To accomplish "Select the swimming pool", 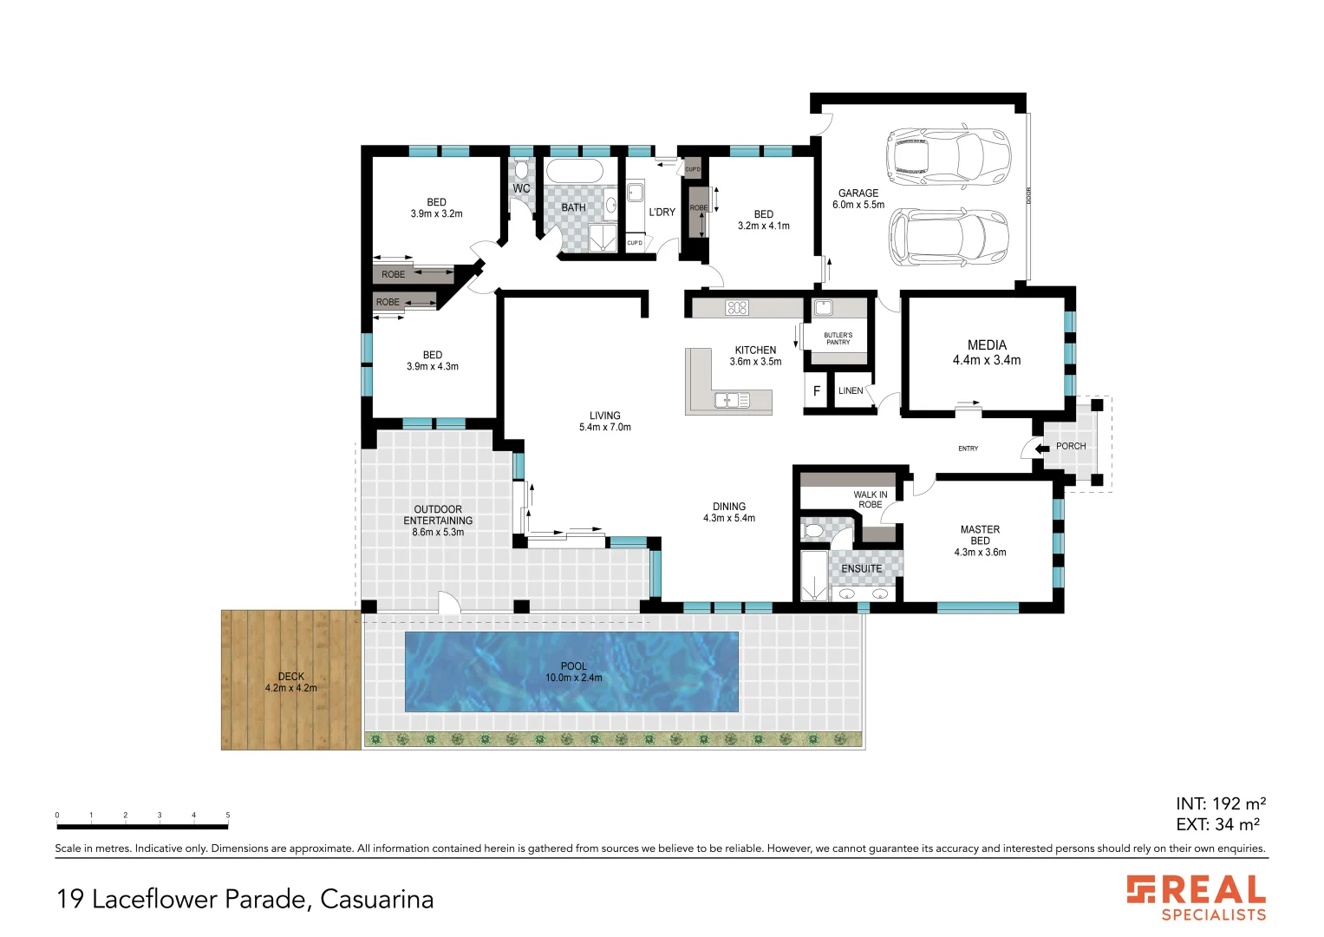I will (x=571, y=672).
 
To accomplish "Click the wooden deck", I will (x=290, y=681).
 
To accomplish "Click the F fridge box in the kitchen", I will (x=816, y=391).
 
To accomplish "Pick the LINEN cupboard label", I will (x=851, y=390).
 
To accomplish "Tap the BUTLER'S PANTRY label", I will (x=838, y=338).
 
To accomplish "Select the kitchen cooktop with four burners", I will (x=737, y=307).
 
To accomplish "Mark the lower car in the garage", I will (x=948, y=237).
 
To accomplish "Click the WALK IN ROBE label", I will (x=870, y=499).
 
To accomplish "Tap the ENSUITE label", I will (x=861, y=569).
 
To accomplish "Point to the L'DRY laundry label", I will (x=662, y=212).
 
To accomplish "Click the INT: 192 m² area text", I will (x=1220, y=803).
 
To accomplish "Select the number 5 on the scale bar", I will (x=228, y=816).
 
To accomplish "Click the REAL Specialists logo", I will (x=1197, y=897).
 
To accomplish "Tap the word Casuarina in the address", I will (x=376, y=899).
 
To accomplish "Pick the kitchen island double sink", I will (x=732, y=400).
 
